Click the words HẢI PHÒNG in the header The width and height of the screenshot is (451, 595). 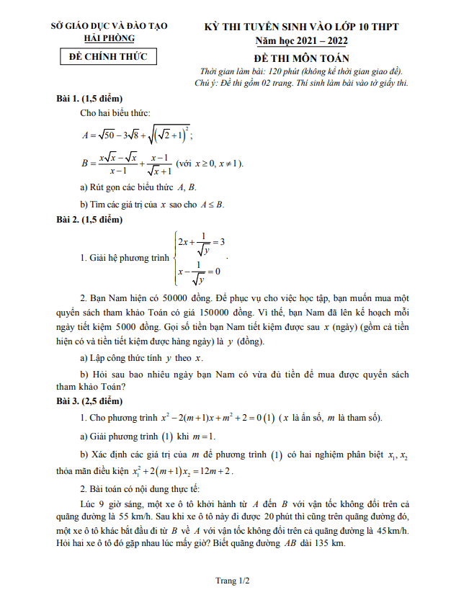[x=109, y=37]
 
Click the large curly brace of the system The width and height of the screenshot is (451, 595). [x=174, y=257]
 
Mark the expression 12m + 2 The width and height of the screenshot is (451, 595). [x=213, y=471]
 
